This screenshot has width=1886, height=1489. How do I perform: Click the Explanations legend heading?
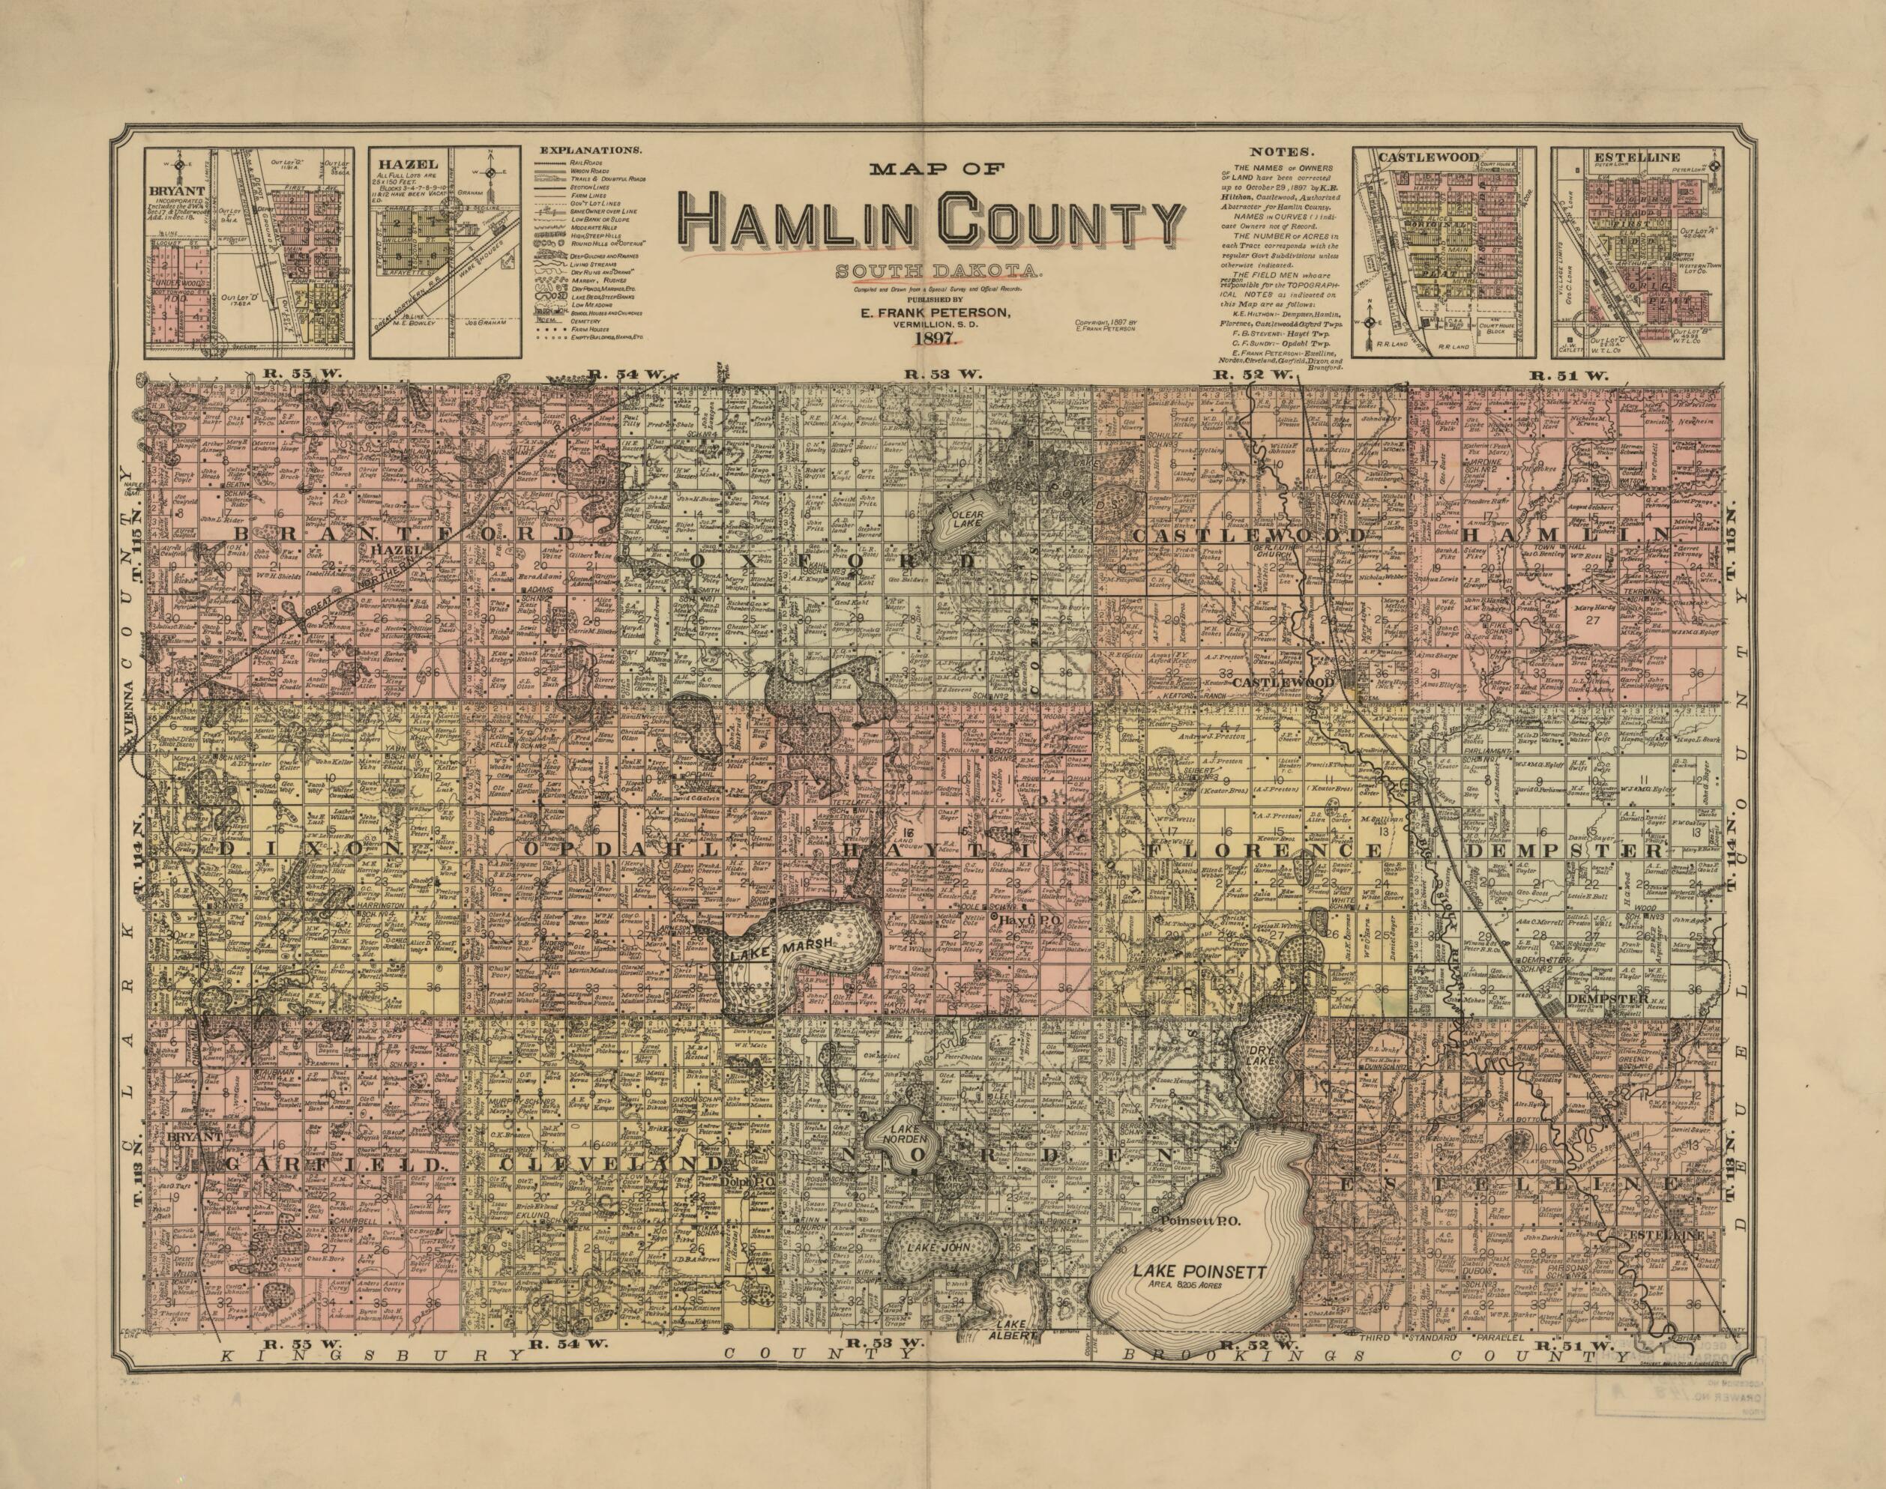[x=593, y=150]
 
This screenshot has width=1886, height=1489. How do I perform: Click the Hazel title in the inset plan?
[x=395, y=163]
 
